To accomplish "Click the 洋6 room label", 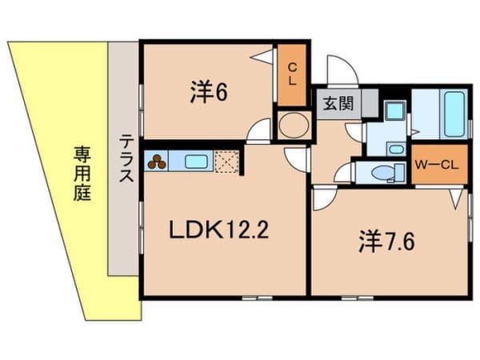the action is click(209, 91).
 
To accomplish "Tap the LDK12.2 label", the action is click(219, 230).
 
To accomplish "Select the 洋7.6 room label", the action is click(386, 242).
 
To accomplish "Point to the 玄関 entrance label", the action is click(338, 103).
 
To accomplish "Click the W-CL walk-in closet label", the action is click(437, 166).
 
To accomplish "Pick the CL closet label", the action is click(292, 74).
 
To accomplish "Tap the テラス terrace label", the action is click(126, 158).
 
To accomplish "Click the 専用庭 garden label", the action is click(82, 174).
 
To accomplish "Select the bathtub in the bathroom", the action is click(454, 114).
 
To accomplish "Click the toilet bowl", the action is click(382, 173).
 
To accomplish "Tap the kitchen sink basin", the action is click(197, 162).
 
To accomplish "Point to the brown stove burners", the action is click(157, 162).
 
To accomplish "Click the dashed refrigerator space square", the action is click(226, 162).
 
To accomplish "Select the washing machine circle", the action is click(294, 126).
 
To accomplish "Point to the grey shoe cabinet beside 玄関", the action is click(370, 103).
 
